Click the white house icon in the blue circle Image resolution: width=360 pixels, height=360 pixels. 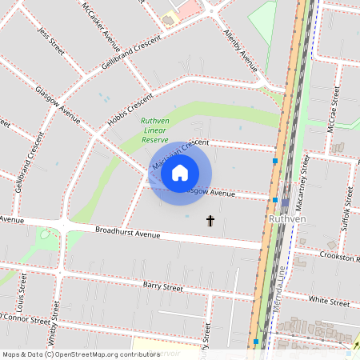[x=180, y=173]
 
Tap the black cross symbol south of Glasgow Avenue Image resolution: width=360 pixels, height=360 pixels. [x=211, y=220]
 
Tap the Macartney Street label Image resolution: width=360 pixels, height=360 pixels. [x=305, y=179]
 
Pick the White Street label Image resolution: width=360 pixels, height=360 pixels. [x=329, y=302]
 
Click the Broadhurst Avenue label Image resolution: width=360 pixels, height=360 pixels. [x=128, y=234]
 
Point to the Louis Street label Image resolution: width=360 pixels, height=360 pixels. [x=18, y=296]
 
